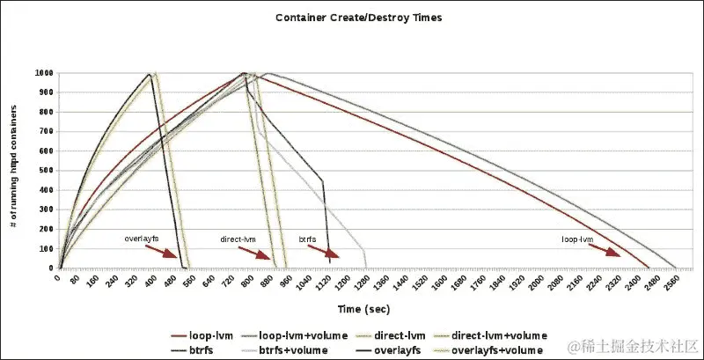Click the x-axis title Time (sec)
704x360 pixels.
click(x=363, y=309)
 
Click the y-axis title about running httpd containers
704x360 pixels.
click(x=14, y=170)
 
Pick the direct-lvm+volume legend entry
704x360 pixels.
click(x=499, y=335)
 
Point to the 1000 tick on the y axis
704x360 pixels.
click(x=42, y=73)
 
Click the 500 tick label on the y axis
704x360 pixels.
click(x=45, y=171)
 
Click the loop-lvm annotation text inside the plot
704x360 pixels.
click(x=576, y=239)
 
